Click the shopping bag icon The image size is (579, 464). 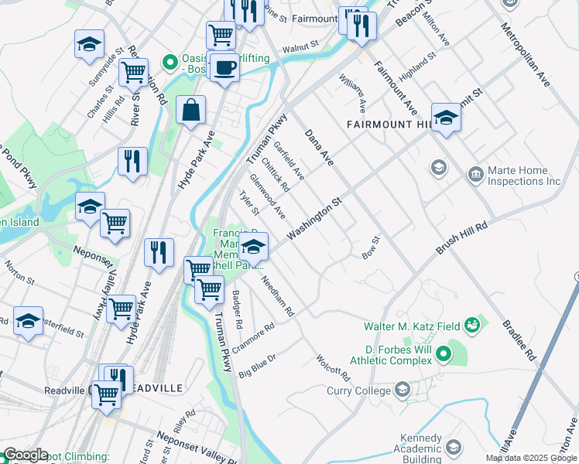(x=190, y=111)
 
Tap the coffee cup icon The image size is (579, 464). (x=224, y=67)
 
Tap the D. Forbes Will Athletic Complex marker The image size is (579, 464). (x=443, y=355)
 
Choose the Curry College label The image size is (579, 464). (x=368, y=391)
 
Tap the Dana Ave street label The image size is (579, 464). (x=318, y=148)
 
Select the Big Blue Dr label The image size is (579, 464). (x=257, y=363)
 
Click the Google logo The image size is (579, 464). (x=26, y=455)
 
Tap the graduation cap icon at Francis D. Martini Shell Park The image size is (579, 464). (x=252, y=247)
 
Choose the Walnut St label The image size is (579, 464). (x=300, y=48)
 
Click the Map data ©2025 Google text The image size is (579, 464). (x=530, y=458)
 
